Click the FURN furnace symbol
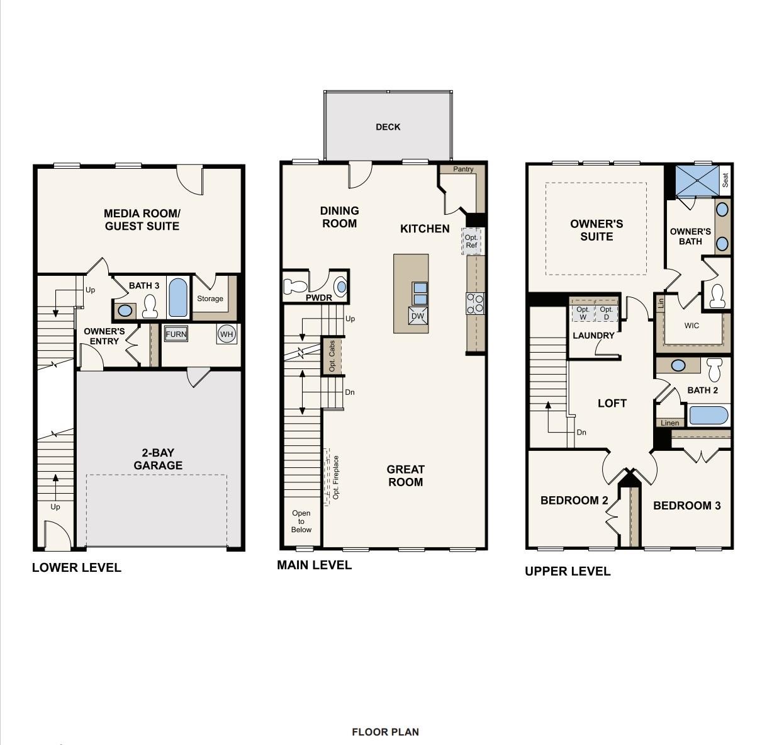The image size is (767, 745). pyautogui.click(x=176, y=334)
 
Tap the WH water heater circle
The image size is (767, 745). pyautogui.click(x=227, y=334)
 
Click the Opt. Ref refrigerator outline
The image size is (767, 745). pyautogui.click(x=471, y=241)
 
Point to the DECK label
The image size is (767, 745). pyautogui.click(x=388, y=127)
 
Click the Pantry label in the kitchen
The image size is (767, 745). pyautogui.click(x=463, y=169)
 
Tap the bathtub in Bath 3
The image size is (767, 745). pyautogui.click(x=178, y=297)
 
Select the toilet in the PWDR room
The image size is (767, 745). pyautogui.click(x=294, y=287)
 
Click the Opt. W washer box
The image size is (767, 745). pyautogui.click(x=583, y=313)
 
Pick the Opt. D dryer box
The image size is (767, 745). pyautogui.click(x=606, y=313)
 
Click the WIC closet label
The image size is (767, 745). pyautogui.click(x=691, y=326)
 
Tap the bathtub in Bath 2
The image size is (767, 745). pyautogui.click(x=708, y=416)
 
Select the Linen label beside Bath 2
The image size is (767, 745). pyautogui.click(x=670, y=423)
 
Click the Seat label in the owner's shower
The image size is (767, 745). pyautogui.click(x=725, y=180)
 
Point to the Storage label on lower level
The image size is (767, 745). pyautogui.click(x=210, y=299)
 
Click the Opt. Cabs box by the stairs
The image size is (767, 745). pyautogui.click(x=333, y=356)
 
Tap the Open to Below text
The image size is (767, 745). pyautogui.click(x=301, y=521)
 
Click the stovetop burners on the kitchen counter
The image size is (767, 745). pyautogui.click(x=475, y=304)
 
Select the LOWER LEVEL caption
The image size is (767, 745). pyautogui.click(x=76, y=567)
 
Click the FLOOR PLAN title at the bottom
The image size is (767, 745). pyautogui.click(x=385, y=732)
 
